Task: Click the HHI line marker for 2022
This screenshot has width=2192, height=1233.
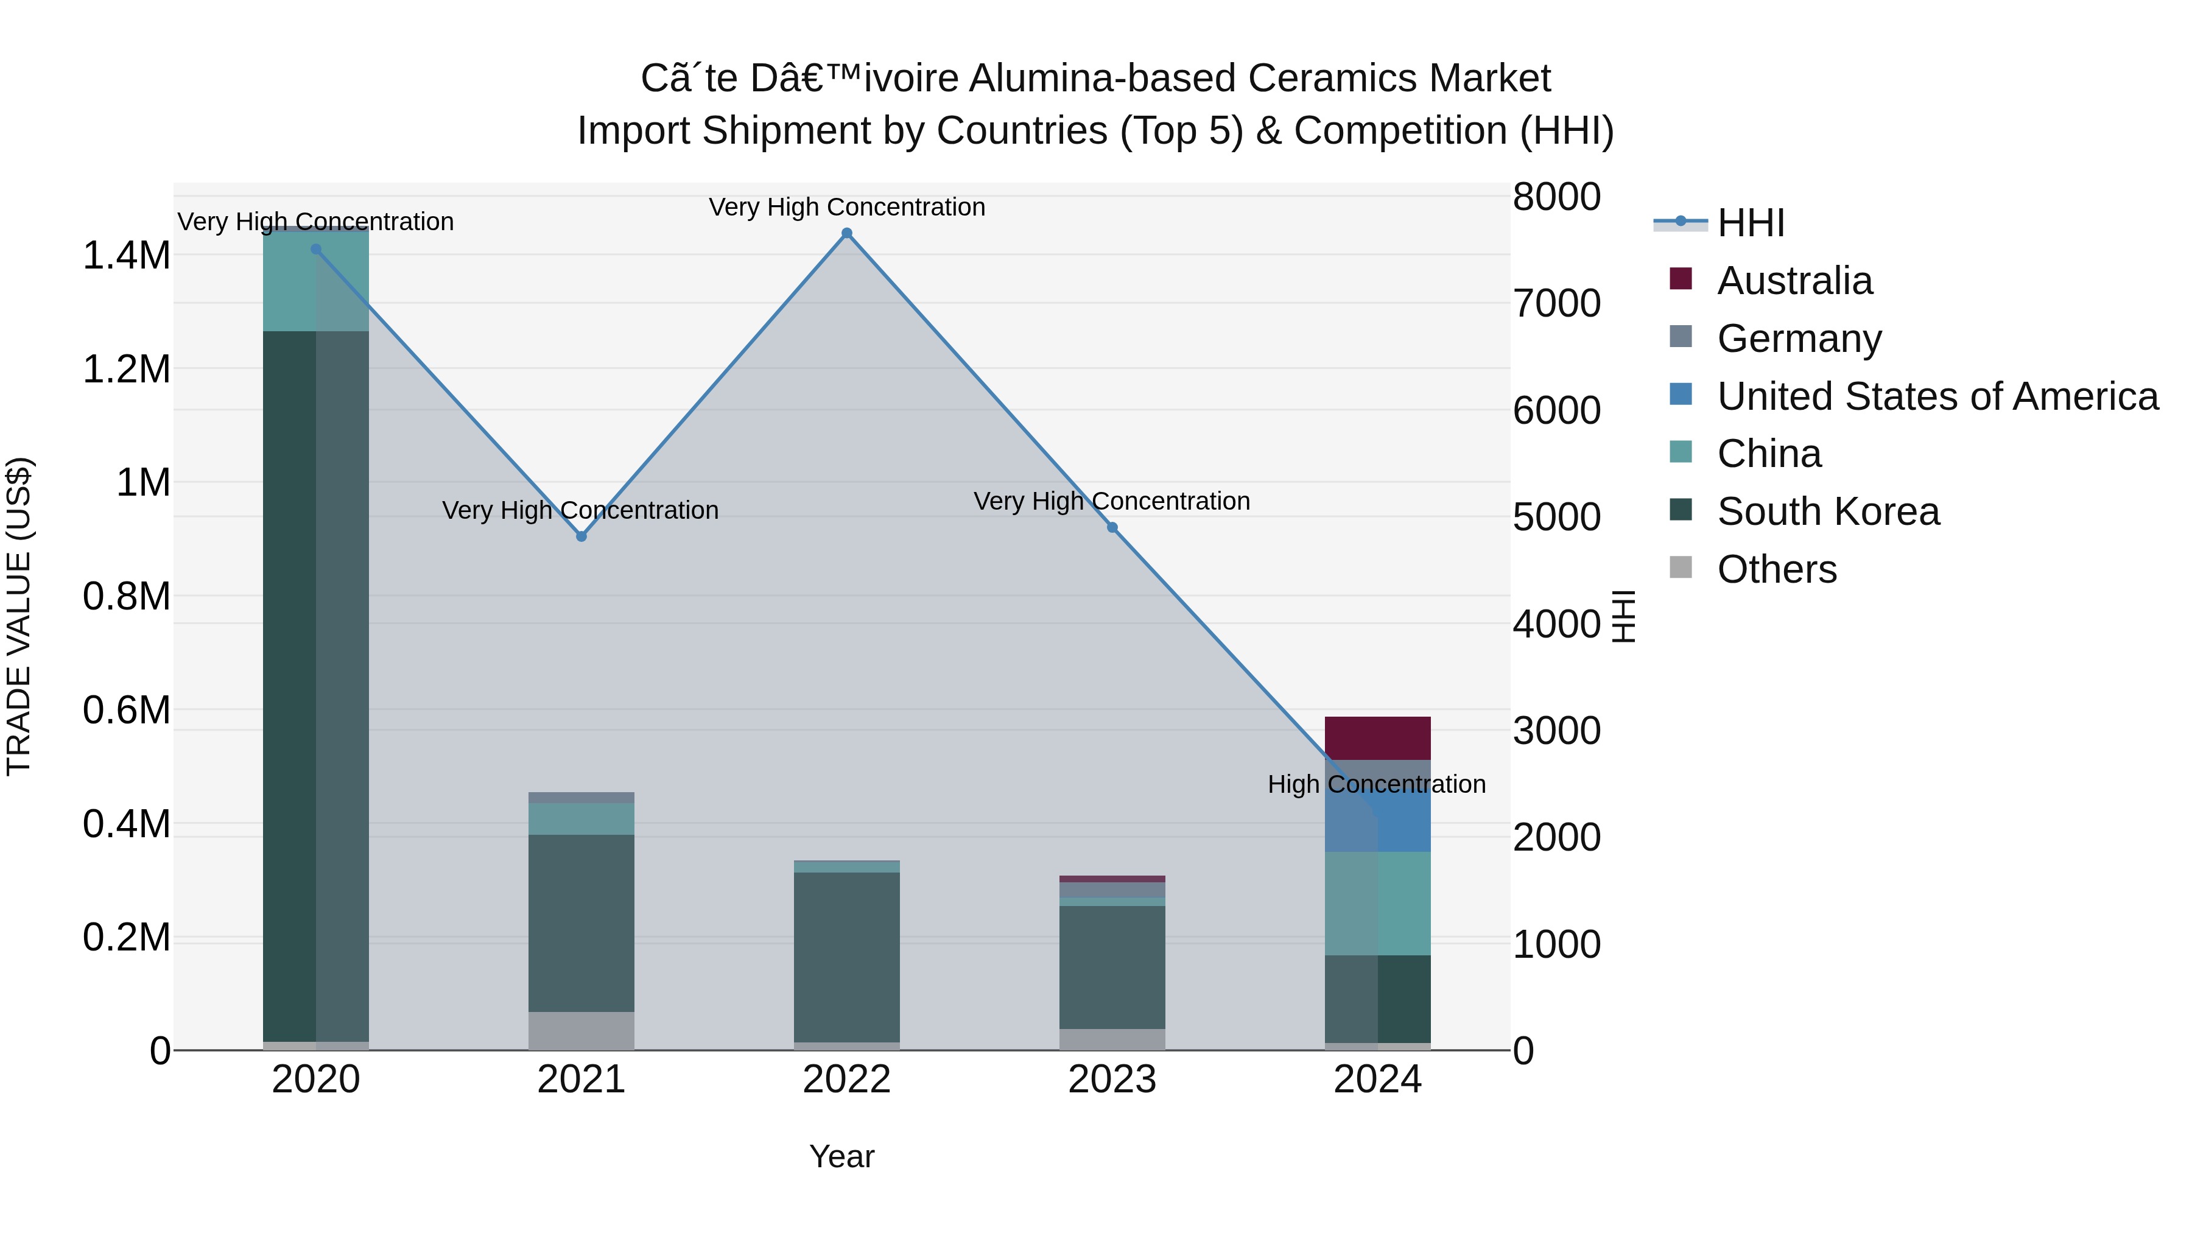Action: (847, 233)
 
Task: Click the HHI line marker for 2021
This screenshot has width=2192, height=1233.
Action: (581, 536)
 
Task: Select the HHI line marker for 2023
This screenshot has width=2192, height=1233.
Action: (1112, 527)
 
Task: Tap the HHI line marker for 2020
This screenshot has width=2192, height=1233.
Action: (315, 249)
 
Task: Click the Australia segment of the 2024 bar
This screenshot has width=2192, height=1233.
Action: (1378, 738)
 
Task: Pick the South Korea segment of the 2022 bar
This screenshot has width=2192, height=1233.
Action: (847, 957)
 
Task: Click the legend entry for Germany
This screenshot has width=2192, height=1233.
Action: (1799, 338)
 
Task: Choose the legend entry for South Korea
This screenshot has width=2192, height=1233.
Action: (1828, 511)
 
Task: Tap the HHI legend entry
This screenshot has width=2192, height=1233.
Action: (1751, 223)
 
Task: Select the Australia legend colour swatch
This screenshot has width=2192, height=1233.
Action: (1681, 279)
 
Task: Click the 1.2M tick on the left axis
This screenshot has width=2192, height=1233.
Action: (126, 370)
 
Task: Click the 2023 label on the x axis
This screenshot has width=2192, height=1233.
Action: (1112, 1080)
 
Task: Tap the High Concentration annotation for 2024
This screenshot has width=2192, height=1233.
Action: (1377, 784)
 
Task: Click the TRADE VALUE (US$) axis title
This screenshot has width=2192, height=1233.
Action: (19, 616)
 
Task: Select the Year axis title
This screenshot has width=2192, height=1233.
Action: (841, 1156)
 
